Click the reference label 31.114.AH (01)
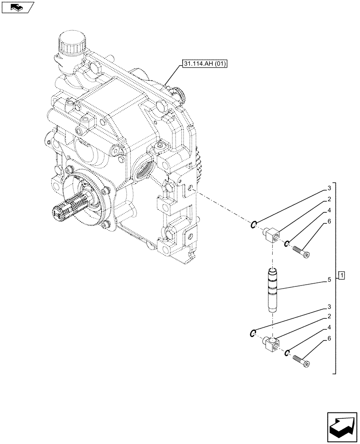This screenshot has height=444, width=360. (204, 64)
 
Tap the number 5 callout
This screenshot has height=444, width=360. (329, 280)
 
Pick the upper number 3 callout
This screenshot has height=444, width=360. (329, 188)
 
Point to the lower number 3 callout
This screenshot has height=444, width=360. (329, 307)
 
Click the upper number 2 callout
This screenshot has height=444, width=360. (329, 199)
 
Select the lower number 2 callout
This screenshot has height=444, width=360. (329, 317)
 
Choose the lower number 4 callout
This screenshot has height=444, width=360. (329, 328)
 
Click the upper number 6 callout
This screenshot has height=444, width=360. (329, 221)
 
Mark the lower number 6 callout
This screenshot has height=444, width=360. (329, 339)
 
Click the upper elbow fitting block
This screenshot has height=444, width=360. (271, 233)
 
